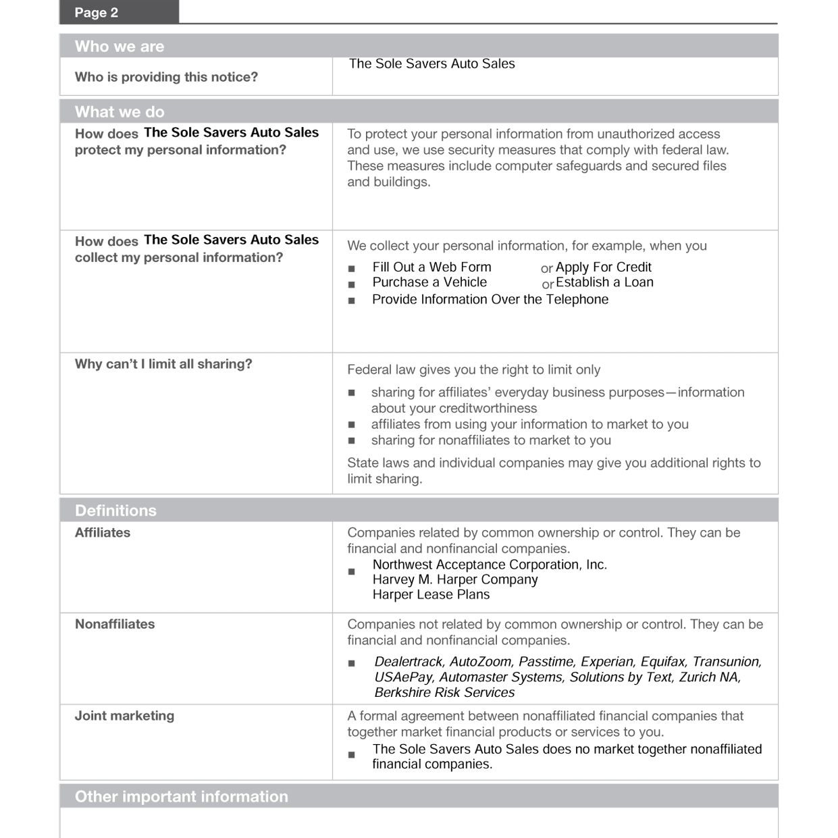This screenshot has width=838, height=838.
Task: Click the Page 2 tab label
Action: pyautogui.click(x=97, y=13)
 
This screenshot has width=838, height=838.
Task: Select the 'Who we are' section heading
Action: pyautogui.click(x=120, y=47)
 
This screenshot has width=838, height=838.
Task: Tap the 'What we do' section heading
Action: pyautogui.click(x=120, y=111)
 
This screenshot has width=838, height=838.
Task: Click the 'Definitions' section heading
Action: pyautogui.click(x=115, y=510)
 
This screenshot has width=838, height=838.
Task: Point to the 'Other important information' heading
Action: pyautogui.click(x=181, y=796)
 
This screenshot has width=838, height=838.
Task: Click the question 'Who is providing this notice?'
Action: pyautogui.click(x=166, y=77)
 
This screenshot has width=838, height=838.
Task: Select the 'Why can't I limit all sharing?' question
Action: pyautogui.click(x=163, y=364)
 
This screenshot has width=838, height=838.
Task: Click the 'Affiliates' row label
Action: pyautogui.click(x=103, y=533)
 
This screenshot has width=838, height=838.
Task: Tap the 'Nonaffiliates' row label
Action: pyautogui.click(x=115, y=624)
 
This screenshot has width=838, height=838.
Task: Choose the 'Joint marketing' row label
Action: pyautogui.click(x=124, y=716)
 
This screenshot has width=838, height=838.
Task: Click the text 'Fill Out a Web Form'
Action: pyautogui.click(x=431, y=267)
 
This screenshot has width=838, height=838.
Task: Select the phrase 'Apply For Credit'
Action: pyautogui.click(x=603, y=267)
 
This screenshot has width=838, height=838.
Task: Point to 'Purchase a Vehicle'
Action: pyautogui.click(x=429, y=282)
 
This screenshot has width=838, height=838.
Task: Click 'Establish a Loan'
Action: pyautogui.click(x=604, y=282)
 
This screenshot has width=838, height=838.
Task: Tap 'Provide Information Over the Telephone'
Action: pyautogui.click(x=490, y=299)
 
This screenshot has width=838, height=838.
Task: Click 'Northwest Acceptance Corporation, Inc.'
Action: pyautogui.click(x=490, y=565)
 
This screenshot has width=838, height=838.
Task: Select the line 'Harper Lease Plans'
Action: pyautogui.click(x=431, y=594)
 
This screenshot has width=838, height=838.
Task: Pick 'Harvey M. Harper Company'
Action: pyautogui.click(x=455, y=579)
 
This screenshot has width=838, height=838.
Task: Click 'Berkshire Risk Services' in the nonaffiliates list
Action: pyautogui.click(x=444, y=692)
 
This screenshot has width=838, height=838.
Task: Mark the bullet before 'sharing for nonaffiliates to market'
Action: pyautogui.click(x=351, y=441)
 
